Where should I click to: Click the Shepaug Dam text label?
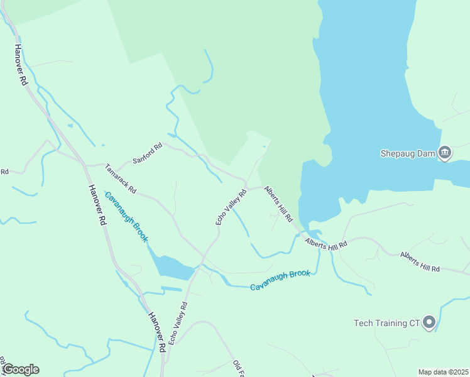point(408,153)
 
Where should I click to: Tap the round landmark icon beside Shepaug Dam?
point(444,152)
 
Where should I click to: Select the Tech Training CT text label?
point(386,323)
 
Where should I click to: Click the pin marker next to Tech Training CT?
point(430,322)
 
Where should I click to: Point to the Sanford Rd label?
point(148,153)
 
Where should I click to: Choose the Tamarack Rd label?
point(120,179)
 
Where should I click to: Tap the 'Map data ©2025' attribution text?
point(444,372)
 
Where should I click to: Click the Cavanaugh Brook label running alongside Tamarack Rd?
point(126,217)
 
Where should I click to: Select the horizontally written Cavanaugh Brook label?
point(280,280)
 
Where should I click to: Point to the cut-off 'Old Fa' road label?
point(238,369)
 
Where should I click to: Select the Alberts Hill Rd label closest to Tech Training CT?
point(420,261)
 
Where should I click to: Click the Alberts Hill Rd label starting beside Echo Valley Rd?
point(278,202)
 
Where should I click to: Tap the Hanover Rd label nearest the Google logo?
point(157,332)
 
